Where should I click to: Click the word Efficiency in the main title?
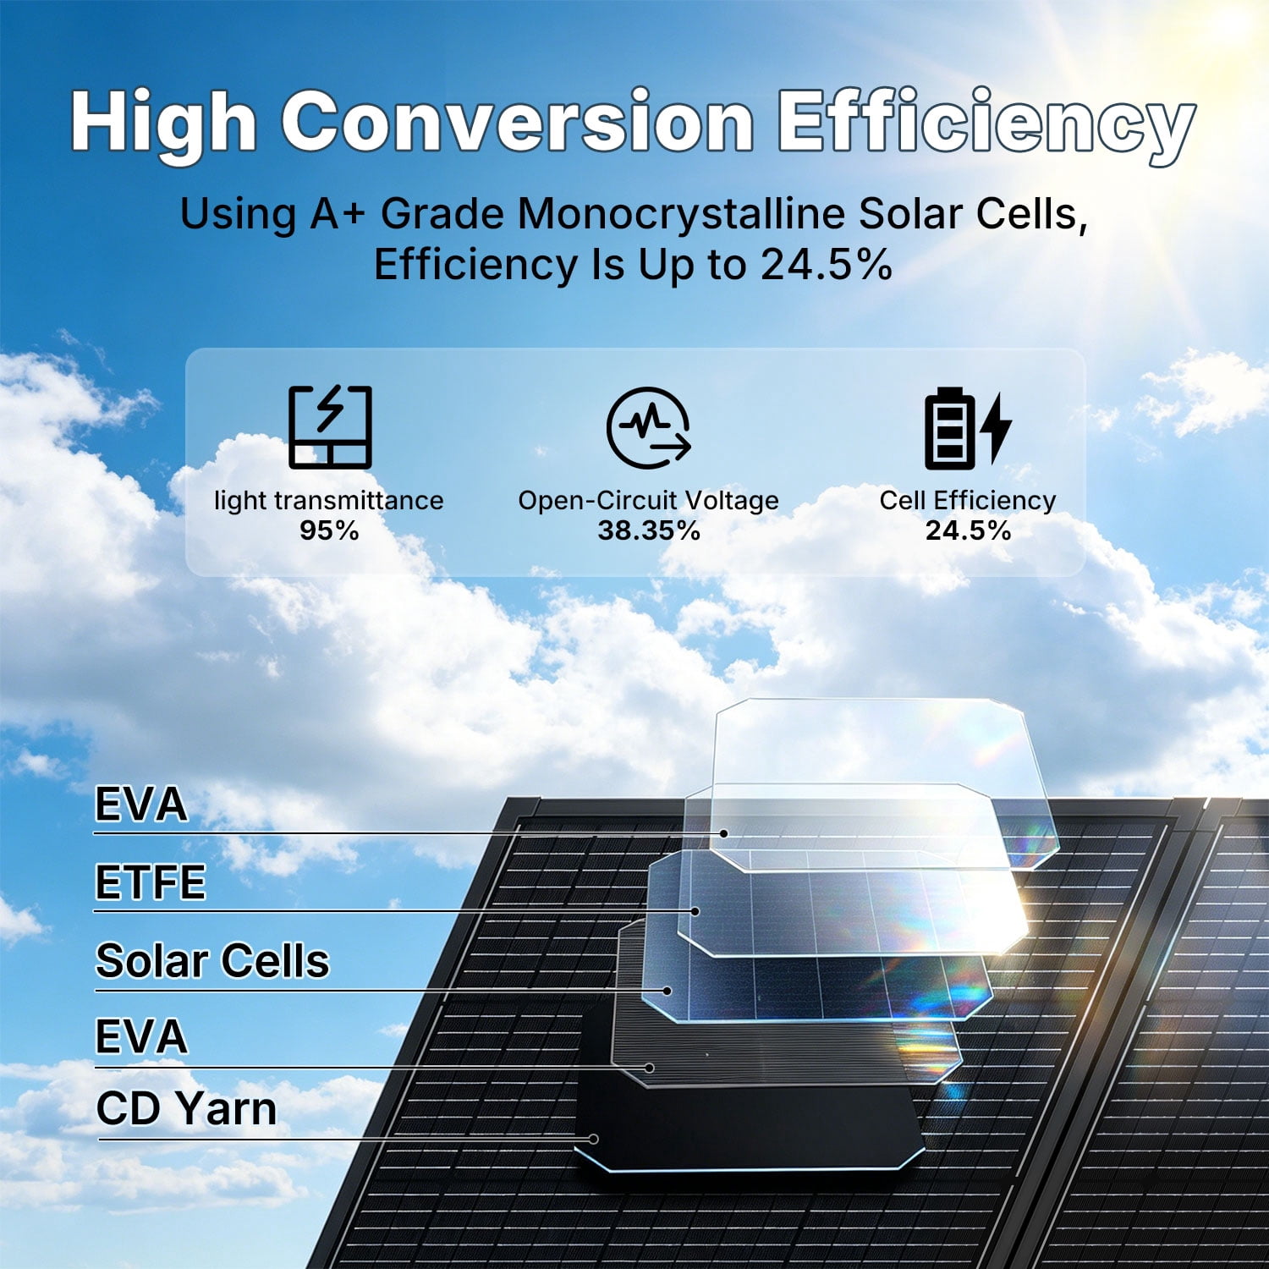click(x=986, y=124)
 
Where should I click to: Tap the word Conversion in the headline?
click(x=517, y=121)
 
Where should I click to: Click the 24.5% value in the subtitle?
click(x=826, y=265)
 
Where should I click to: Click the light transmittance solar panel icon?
click(x=330, y=427)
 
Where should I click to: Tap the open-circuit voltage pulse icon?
click(x=649, y=427)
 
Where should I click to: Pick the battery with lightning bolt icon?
click(x=968, y=428)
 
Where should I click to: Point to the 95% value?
click(x=329, y=530)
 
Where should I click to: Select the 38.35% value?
click(x=649, y=530)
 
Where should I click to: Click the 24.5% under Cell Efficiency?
click(x=968, y=530)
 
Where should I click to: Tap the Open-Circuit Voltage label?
click(x=649, y=501)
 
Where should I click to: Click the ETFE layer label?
click(x=151, y=882)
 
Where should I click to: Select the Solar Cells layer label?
click(x=212, y=961)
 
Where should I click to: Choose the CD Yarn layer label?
click(x=186, y=1108)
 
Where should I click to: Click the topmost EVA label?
click(x=140, y=804)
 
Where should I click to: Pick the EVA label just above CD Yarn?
click(x=140, y=1036)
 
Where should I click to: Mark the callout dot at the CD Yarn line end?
click(x=594, y=1139)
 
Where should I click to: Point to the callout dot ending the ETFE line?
click(x=695, y=911)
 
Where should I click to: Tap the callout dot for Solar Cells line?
click(x=667, y=990)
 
